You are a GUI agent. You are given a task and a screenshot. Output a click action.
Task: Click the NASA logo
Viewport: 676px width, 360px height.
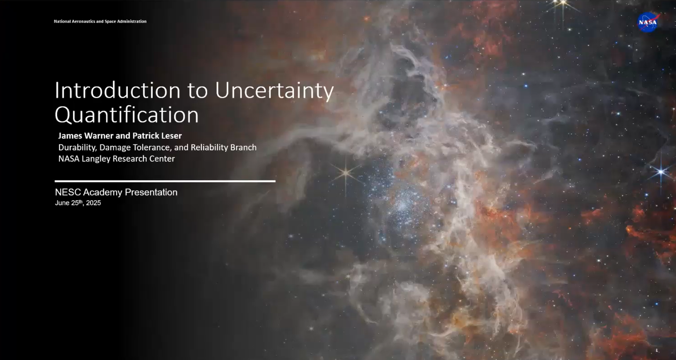point(648,22)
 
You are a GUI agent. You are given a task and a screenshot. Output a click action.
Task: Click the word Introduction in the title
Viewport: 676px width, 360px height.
point(117,90)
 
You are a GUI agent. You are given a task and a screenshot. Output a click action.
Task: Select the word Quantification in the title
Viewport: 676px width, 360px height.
point(127,115)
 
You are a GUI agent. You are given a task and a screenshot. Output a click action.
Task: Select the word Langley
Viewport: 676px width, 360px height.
point(96,159)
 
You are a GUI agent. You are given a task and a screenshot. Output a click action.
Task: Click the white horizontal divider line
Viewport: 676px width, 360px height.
point(165,181)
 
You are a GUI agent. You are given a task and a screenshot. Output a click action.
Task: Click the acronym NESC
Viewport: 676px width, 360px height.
point(68,192)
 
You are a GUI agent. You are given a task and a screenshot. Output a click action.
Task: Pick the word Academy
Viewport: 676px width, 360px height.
point(103,192)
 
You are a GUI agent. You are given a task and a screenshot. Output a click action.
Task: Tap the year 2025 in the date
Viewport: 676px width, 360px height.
point(93,203)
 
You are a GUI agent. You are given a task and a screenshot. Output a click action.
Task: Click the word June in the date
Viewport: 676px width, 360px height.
point(62,203)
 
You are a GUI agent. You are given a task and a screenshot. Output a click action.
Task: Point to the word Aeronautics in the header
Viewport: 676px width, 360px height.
point(83,21)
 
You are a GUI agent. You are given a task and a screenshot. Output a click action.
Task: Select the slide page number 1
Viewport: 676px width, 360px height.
point(657,350)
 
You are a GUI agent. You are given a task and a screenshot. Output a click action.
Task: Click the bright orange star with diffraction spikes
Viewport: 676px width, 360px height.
point(346,173)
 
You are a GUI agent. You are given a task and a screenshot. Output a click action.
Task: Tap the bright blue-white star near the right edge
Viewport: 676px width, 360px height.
point(661,172)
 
